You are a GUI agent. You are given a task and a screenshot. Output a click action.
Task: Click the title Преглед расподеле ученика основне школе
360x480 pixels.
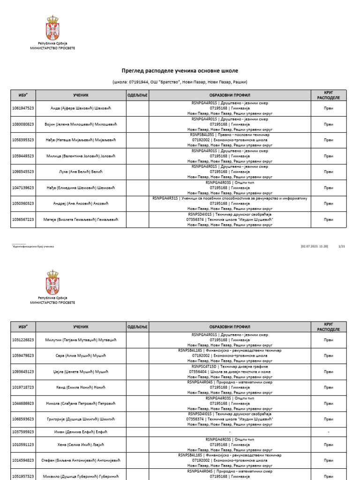click(x=180, y=71)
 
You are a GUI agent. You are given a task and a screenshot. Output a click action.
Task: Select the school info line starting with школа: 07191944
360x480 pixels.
click(x=180, y=82)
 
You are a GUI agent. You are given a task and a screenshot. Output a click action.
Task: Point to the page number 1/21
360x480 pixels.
click(x=341, y=246)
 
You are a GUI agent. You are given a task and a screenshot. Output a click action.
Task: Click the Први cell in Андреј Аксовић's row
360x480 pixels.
click(x=328, y=203)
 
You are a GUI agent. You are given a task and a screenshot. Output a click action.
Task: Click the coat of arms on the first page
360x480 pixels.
click(x=52, y=28)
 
